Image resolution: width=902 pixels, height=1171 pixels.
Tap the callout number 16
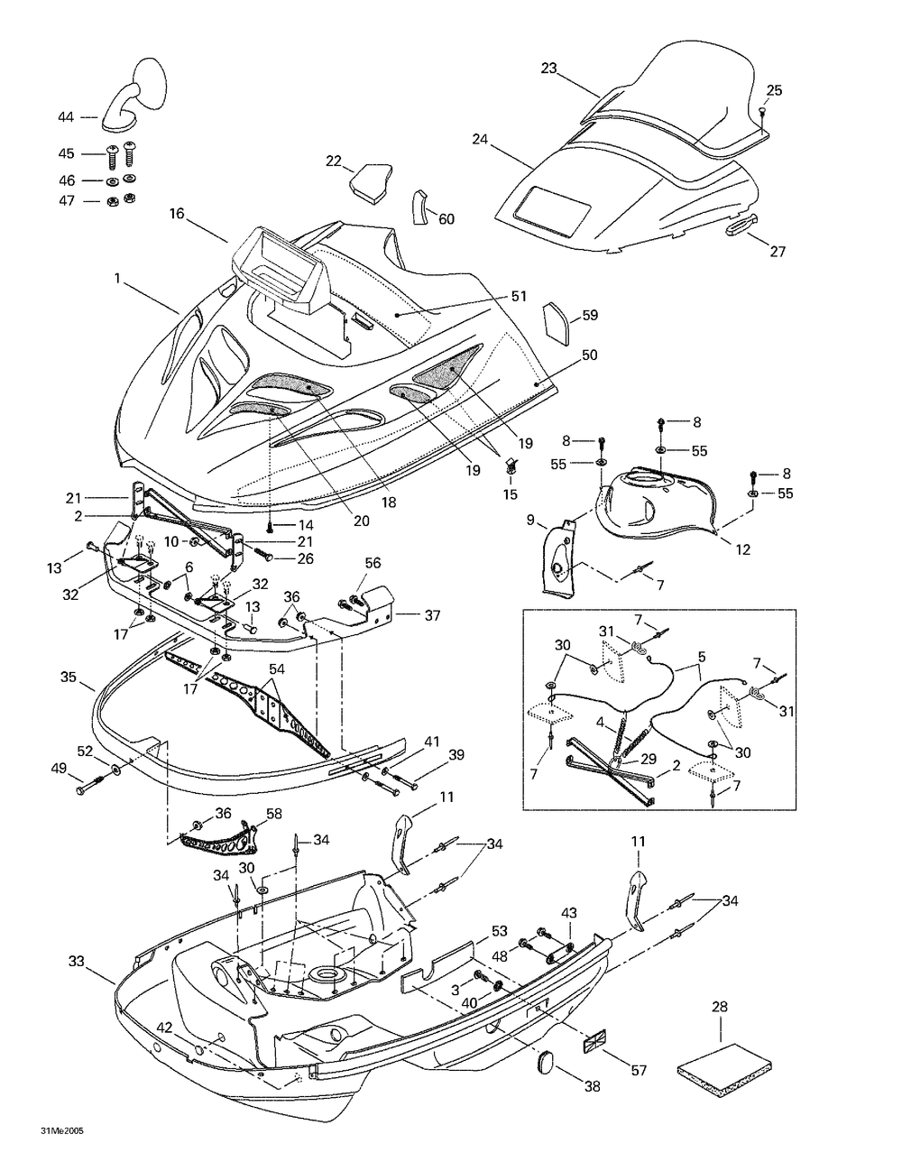point(177,214)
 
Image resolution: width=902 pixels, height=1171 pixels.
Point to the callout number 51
point(519,296)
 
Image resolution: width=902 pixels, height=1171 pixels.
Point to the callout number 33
point(77,961)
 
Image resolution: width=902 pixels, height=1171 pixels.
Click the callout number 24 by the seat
point(480,139)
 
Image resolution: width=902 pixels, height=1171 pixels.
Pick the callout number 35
point(69,677)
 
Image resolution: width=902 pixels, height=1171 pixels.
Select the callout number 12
point(742,549)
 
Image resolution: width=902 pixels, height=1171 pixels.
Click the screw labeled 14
point(271,525)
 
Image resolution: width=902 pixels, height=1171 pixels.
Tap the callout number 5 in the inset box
point(702,657)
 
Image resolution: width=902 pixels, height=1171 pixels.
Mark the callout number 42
point(164,1028)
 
